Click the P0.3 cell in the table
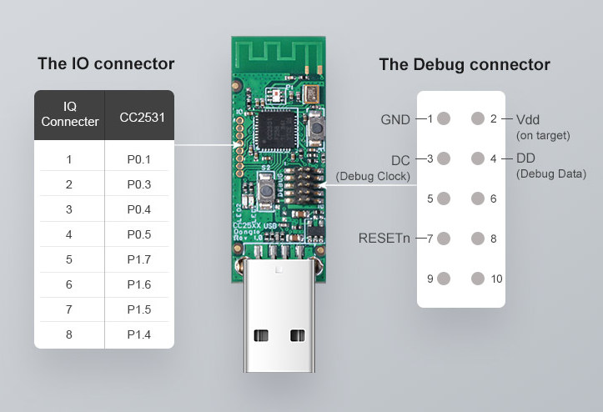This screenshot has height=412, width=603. [x=138, y=184]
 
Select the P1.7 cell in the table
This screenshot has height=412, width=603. [x=138, y=259]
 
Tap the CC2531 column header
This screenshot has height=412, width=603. [x=142, y=118]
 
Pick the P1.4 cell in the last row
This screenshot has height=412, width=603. [x=138, y=334]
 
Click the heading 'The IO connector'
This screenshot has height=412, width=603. [x=106, y=64]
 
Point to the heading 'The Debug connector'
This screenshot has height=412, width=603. [x=465, y=65]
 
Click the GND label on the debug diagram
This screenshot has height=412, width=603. [x=395, y=119]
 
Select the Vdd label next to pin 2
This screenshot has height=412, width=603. [x=528, y=119]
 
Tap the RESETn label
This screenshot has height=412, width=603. [x=384, y=239]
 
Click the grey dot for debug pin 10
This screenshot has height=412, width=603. [x=478, y=279]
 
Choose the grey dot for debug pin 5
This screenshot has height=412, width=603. [x=444, y=198]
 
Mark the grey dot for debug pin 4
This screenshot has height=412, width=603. [x=478, y=158]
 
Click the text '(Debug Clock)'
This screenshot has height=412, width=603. [x=373, y=176]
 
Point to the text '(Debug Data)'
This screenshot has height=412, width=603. [x=551, y=173]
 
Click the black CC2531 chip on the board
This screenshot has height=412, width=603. [x=275, y=130]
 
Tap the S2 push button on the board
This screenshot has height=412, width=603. [x=265, y=190]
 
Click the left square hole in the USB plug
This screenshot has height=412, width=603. [x=261, y=335]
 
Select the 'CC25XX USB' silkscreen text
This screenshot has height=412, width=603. [x=255, y=225]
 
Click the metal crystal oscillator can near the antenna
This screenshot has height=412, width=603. [x=311, y=94]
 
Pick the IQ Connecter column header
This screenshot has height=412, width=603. [x=69, y=114]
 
